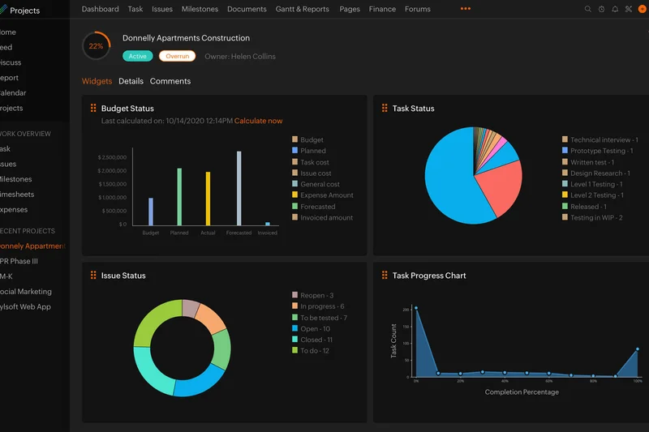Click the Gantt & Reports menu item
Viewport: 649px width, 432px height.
pos(303,9)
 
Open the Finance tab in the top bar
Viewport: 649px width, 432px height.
pos(382,9)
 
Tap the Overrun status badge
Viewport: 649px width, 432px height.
pos(177,56)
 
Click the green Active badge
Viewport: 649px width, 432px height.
pos(138,56)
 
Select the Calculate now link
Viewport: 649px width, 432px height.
pos(258,121)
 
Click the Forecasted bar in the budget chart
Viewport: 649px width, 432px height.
pos(239,187)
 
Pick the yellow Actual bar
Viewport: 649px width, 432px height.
pos(208,198)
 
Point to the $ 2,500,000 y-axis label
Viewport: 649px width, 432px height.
pos(112,156)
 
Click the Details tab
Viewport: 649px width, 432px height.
pos(131,81)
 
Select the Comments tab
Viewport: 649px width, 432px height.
pos(170,81)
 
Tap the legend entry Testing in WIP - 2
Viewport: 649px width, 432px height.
pos(596,218)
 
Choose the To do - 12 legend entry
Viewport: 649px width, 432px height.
pos(315,351)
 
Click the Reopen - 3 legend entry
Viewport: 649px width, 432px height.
pos(316,296)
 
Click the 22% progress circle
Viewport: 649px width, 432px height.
pos(96,46)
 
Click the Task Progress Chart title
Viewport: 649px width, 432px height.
pos(429,276)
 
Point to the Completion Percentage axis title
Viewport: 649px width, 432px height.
pos(522,392)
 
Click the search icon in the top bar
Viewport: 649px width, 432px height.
pos(588,9)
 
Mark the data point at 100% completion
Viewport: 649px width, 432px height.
pos(638,349)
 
